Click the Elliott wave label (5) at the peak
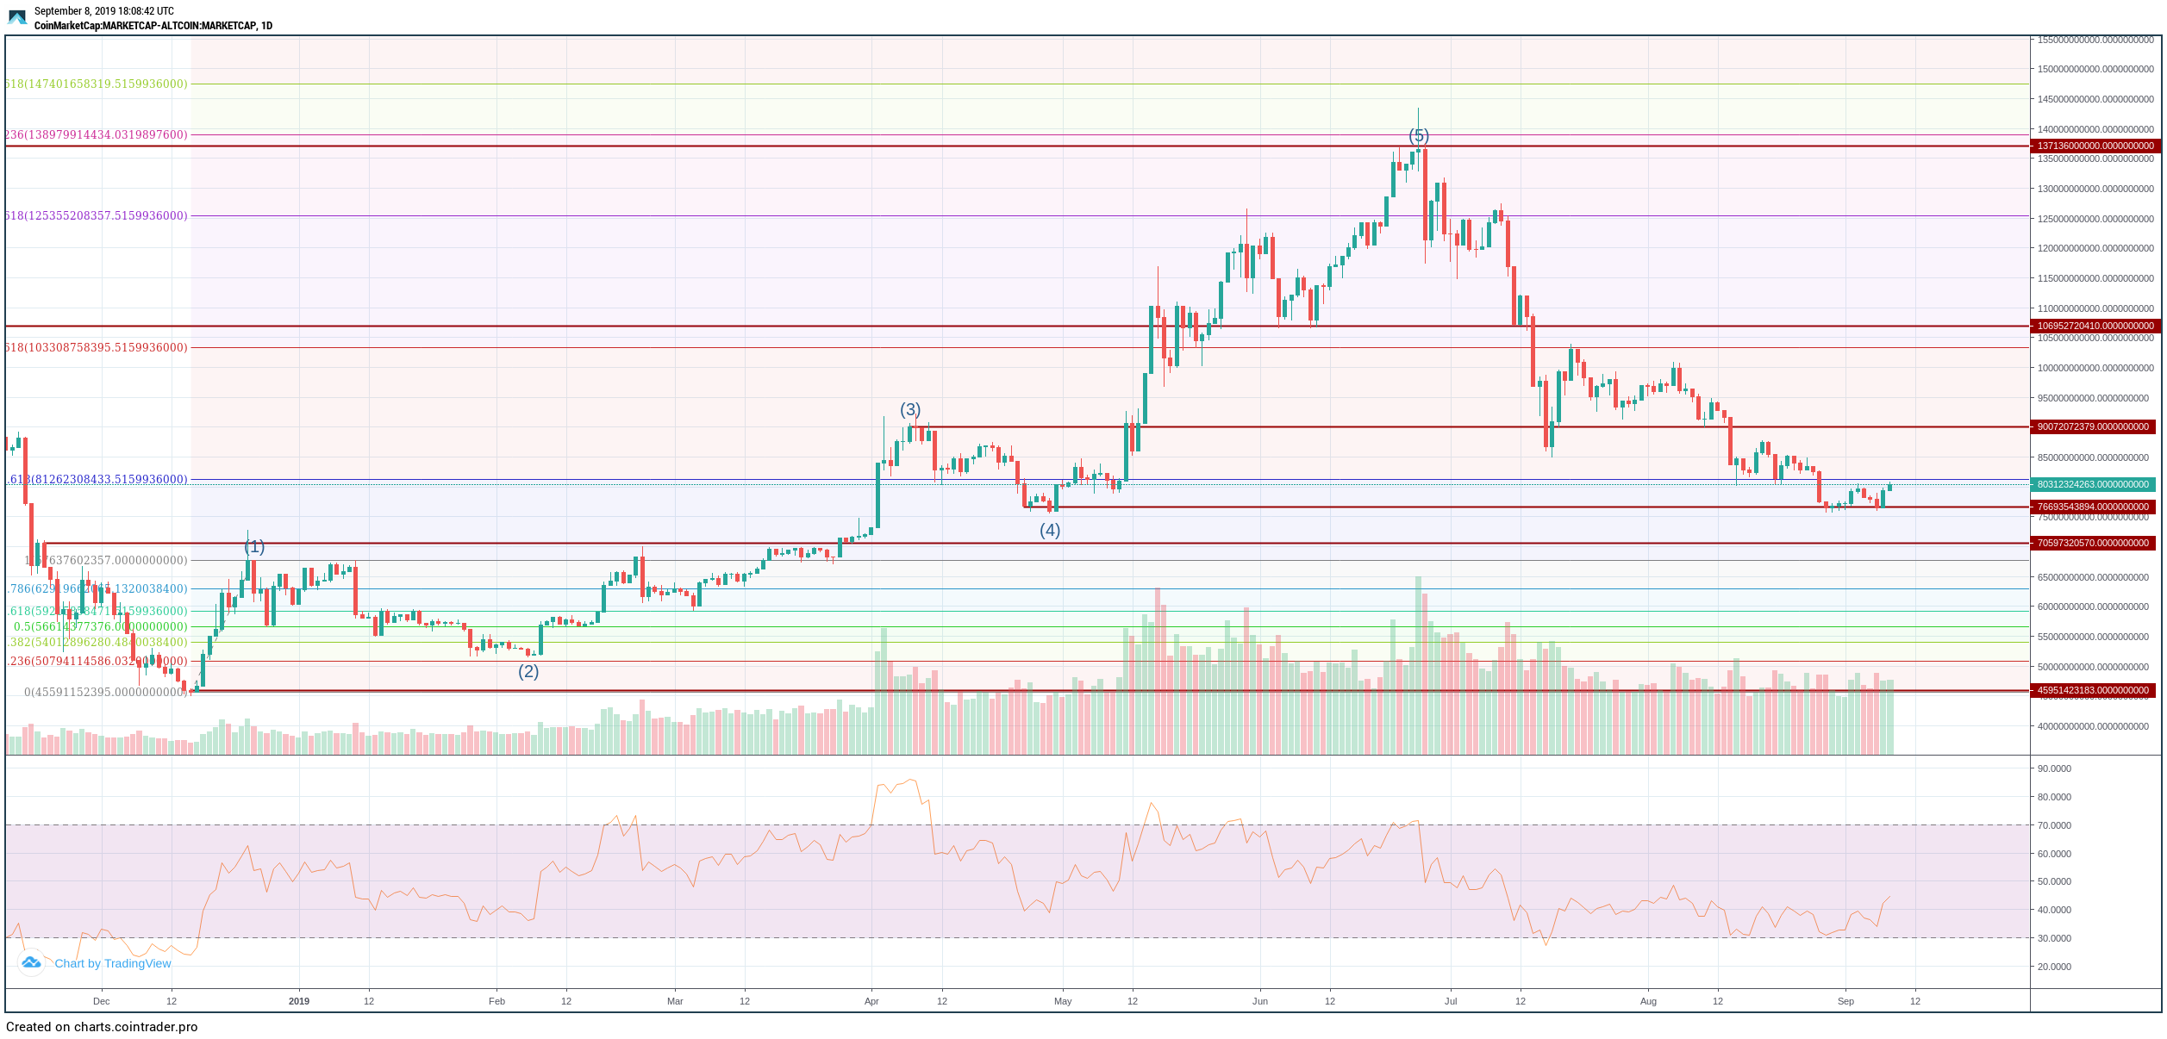tap(1418, 136)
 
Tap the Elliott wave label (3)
tap(910, 409)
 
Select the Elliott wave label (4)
tap(1049, 531)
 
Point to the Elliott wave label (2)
tap(528, 672)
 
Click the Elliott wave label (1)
tap(254, 547)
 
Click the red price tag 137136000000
tap(2095, 146)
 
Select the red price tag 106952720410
tap(2095, 327)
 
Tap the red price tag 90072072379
tap(2095, 427)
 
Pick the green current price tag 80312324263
tap(2095, 485)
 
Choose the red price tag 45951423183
tap(2095, 691)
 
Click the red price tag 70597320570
tap(2095, 544)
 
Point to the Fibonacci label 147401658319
tap(96, 84)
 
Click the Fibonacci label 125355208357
tap(96, 216)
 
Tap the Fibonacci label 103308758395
tap(96, 348)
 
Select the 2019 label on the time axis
tap(299, 1001)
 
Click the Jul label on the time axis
tap(1451, 1001)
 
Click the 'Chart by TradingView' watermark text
tap(112, 963)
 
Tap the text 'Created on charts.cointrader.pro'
tap(102, 1027)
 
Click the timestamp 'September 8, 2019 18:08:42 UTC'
tap(103, 11)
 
